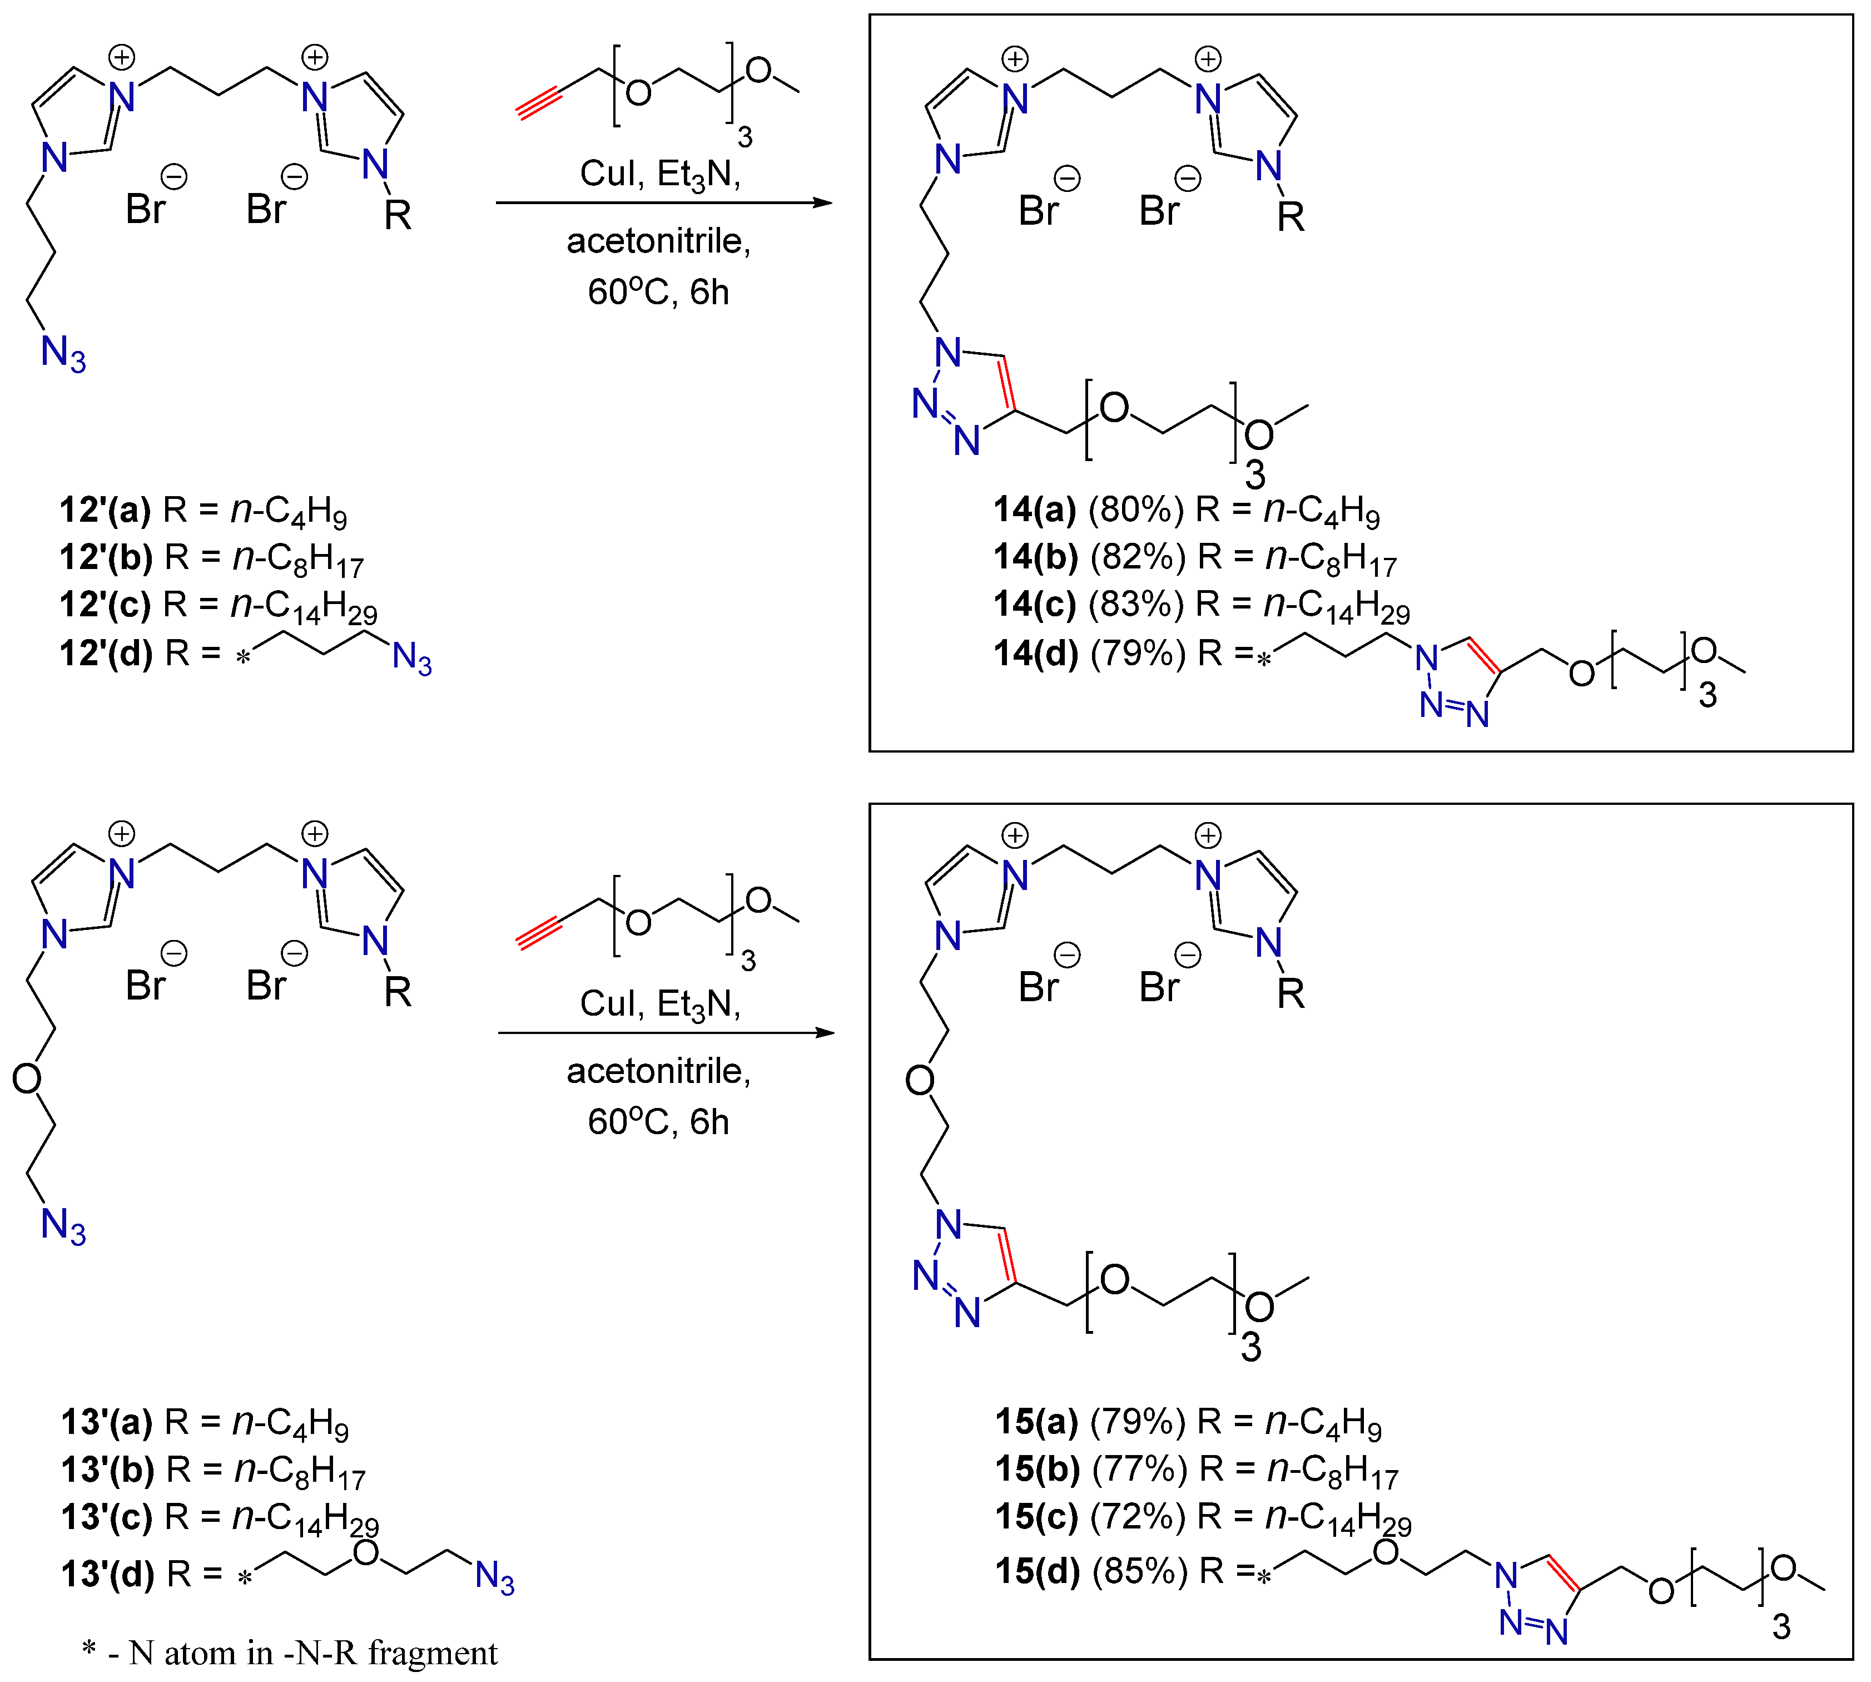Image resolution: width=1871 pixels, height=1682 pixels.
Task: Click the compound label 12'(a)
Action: pyautogui.click(x=105, y=509)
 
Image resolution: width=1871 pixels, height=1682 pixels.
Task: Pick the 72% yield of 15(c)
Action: pyautogui.click(x=1138, y=1517)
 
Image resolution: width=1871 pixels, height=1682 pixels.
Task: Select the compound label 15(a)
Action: pyautogui.click(x=1036, y=1421)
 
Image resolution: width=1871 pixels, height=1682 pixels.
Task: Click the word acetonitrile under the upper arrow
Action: pyautogui.click(x=658, y=241)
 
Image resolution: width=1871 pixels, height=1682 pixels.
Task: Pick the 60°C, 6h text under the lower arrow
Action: pyautogui.click(x=658, y=1122)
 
